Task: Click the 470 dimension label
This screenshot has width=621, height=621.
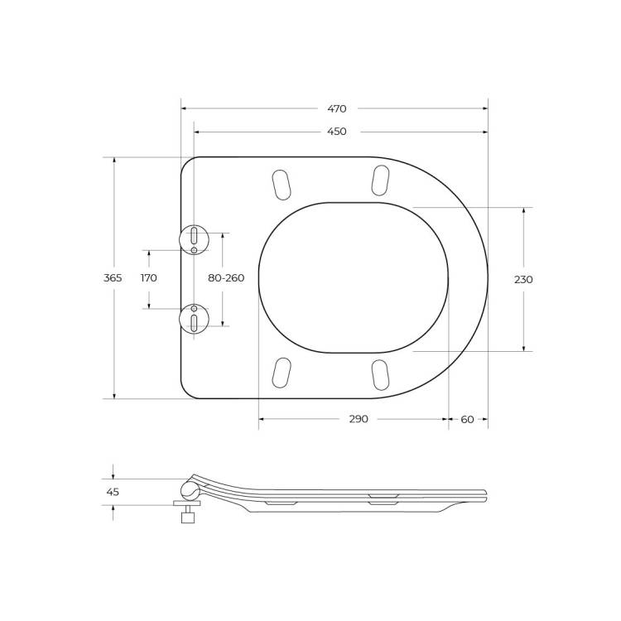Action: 337,108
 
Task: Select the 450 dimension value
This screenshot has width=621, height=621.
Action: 337,132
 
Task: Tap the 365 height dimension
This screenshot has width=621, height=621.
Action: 113,278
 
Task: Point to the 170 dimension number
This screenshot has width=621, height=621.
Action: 149,278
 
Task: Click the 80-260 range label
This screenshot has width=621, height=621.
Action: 226,278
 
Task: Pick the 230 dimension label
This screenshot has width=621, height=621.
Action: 523,280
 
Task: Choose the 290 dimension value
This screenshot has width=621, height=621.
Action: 359,419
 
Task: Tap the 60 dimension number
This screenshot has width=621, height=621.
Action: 467,419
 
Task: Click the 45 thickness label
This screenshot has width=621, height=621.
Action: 113,492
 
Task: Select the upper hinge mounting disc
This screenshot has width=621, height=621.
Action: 194,239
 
